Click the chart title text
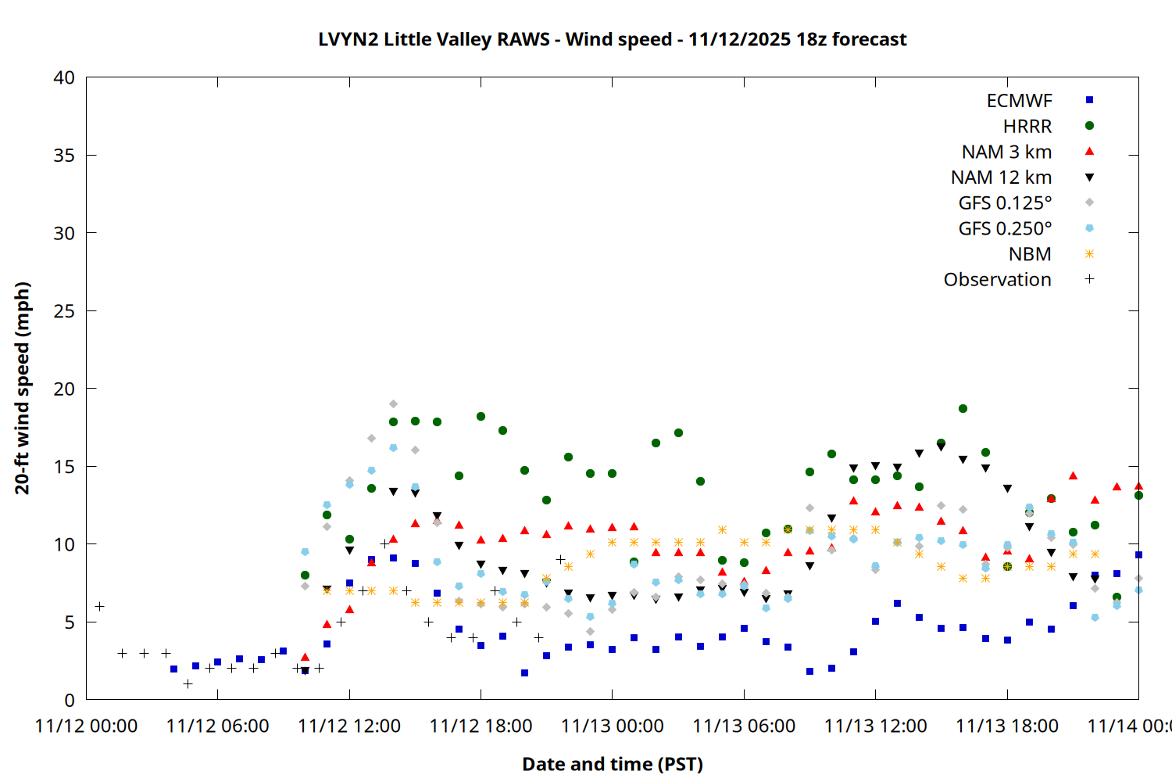pos(612,39)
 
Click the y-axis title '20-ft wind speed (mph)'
pos(22,388)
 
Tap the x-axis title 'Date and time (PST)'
pos(612,764)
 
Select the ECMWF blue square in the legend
pos(1089,100)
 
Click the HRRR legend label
pos(1027,126)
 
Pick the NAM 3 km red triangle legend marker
pos(1089,152)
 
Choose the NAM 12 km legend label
pos(1001,178)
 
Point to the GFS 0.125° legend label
pos(1005,203)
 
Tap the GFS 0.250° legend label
pos(1005,228)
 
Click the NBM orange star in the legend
pos(1089,254)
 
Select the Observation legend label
pos(997,280)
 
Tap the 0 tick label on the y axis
pos(70,700)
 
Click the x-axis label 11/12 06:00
pos(217,726)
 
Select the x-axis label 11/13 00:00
pos(612,726)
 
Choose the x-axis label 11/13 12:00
pos(875,726)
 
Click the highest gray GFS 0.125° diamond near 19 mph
pos(393,404)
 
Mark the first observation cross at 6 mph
pos(99,606)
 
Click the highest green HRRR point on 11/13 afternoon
pos(963,408)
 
